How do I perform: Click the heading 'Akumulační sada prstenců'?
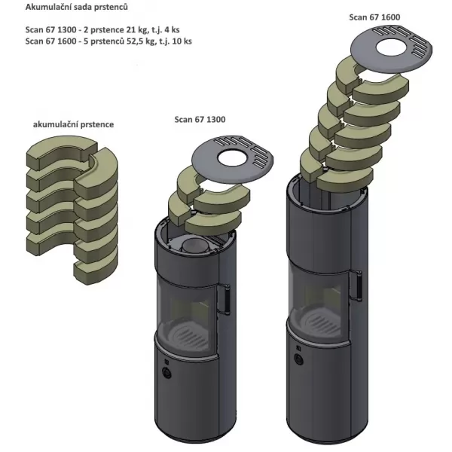(76, 8)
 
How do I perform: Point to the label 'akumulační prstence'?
(73, 124)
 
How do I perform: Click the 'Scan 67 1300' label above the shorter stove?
(200, 119)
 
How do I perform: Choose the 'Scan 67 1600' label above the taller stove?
(374, 17)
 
